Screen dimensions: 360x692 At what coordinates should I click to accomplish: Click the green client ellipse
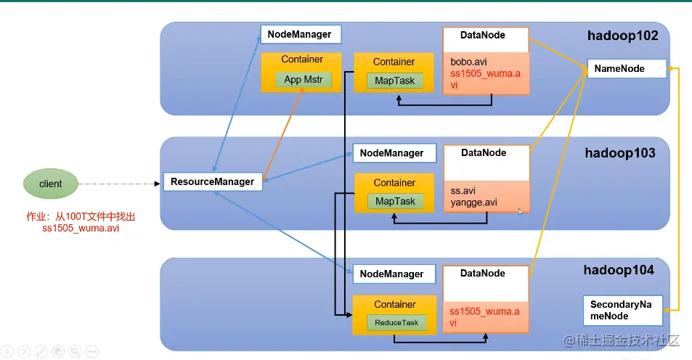[x=51, y=184]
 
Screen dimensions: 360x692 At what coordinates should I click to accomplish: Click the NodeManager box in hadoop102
[x=300, y=34]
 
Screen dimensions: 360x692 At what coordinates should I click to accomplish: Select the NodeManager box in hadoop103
[x=393, y=153]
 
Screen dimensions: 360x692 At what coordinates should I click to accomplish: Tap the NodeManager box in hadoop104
[x=393, y=274]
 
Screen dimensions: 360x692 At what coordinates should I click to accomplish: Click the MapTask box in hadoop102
[x=394, y=81]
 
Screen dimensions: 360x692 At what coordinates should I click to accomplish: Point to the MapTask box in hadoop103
[x=394, y=201]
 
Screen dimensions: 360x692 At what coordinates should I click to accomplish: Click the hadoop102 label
[x=622, y=36]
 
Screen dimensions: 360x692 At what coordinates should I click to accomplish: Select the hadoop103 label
[x=619, y=153]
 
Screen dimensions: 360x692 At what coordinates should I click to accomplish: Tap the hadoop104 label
[x=619, y=270]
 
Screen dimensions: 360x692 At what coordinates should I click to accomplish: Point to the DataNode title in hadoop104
[x=483, y=274]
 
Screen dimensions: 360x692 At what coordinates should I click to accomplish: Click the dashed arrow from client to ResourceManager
[x=116, y=184]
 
